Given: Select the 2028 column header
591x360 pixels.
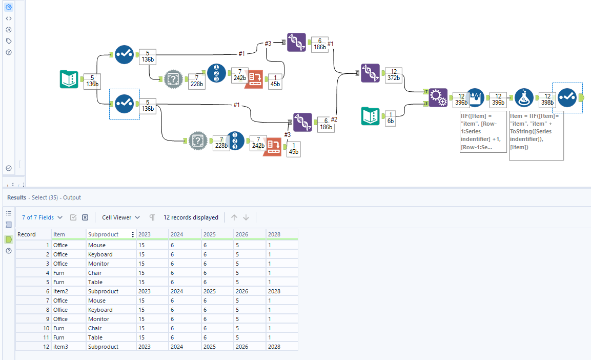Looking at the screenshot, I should coord(274,234).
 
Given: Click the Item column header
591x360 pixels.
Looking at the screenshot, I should coord(60,234).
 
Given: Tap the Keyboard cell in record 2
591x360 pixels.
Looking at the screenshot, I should coord(100,254).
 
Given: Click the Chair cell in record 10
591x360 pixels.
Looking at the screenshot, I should coord(95,328).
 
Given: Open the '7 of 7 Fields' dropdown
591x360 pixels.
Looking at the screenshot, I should coord(42,217).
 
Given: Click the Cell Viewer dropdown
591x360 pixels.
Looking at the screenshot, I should coord(120,217).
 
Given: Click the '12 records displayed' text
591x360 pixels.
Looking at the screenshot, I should coord(191,217).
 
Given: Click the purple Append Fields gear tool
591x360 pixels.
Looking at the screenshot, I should coord(438,97).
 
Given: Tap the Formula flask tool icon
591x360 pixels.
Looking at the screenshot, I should coord(524,97).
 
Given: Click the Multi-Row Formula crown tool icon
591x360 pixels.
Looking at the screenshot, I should coord(476,97).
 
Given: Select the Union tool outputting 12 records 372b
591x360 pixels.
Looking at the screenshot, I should coord(370,73).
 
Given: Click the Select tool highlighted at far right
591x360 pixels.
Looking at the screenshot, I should coord(567,97).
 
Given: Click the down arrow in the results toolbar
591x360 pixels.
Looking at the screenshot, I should coord(246,217).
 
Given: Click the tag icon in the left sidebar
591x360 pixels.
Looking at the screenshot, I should coord(9,41).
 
